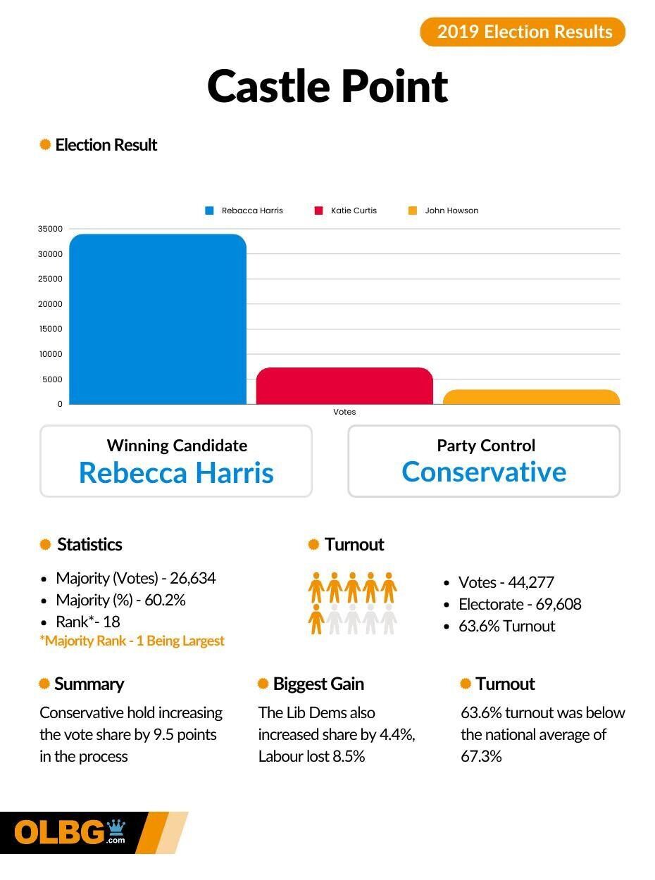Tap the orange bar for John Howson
coord(531,397)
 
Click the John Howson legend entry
coord(444,210)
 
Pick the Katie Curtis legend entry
coord(346,210)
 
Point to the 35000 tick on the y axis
coord(51,229)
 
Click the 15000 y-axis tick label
coord(51,329)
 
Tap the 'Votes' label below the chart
coord(344,412)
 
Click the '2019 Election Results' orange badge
coord(523,32)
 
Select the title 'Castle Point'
coord(327,86)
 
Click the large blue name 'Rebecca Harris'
coord(176,472)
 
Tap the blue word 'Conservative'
coord(484,472)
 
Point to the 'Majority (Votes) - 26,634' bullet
coord(135,578)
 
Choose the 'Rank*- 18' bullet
coord(88,622)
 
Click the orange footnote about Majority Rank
coord(132,641)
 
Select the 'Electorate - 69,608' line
coord(520,604)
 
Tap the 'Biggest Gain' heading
coord(318,684)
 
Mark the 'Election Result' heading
coord(106,145)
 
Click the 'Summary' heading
coord(89,684)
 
